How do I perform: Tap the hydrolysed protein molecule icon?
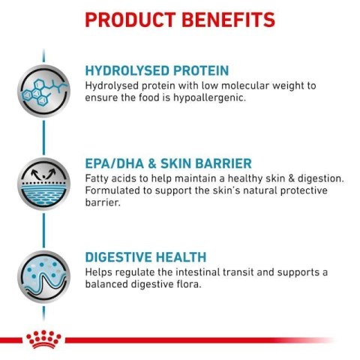43,87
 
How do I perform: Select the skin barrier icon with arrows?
43,183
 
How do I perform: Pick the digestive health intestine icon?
43,278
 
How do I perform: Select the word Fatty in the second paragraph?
98,178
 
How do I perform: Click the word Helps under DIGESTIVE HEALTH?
100,271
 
